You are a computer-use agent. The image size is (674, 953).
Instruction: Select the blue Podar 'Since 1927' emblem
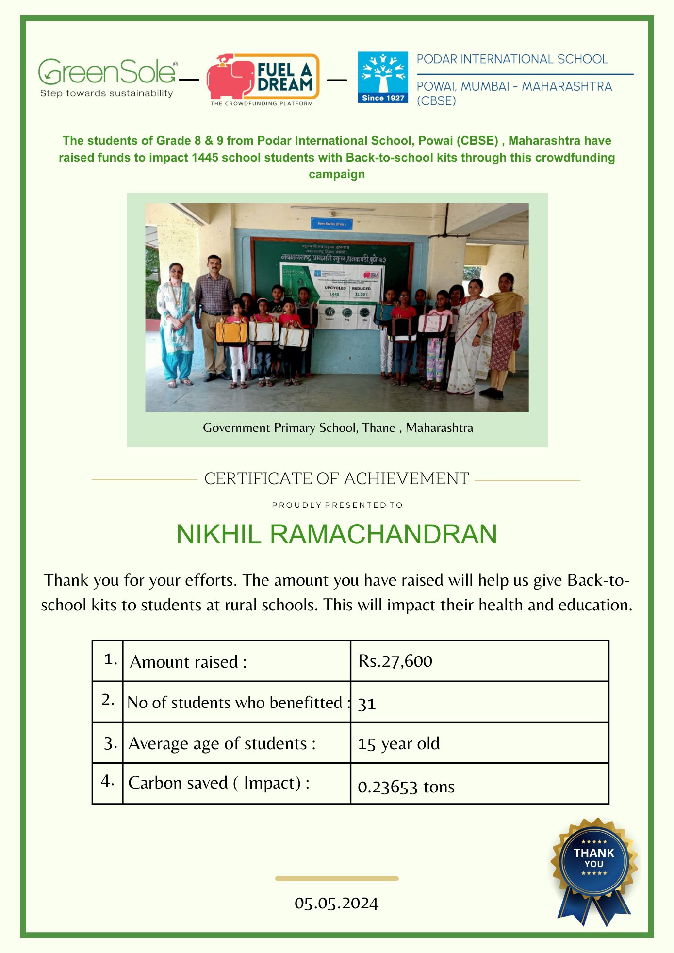[x=383, y=77]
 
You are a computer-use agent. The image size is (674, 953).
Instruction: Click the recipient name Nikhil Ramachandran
[x=337, y=534]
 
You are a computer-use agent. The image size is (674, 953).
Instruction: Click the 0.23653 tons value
[x=406, y=787]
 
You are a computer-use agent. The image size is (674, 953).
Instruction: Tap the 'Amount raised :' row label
[x=188, y=662]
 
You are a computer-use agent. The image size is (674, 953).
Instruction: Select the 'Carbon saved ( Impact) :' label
[x=219, y=783]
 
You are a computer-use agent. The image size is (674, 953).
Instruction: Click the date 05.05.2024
[x=336, y=903]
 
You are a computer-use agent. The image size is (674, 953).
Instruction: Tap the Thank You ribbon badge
[x=594, y=866]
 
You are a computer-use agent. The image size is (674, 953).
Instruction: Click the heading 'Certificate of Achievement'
[x=336, y=479]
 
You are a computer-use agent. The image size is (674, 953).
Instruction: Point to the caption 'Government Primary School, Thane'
[x=338, y=427]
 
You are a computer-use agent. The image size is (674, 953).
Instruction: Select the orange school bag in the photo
[x=232, y=333]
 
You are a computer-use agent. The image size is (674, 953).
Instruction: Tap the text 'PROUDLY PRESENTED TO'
[x=337, y=505]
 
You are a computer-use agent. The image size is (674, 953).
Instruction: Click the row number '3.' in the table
[x=110, y=743]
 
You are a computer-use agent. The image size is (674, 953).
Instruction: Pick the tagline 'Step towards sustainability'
[x=107, y=93]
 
